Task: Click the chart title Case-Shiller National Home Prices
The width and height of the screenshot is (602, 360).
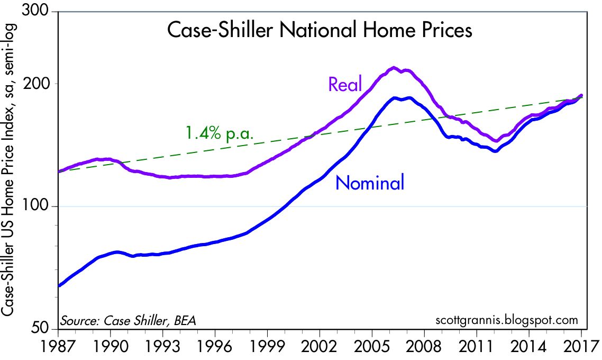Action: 319,30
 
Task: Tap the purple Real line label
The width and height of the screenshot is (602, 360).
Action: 345,84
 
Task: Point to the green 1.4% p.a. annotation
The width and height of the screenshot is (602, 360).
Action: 219,132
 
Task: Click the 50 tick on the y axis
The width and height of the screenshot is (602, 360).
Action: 44,329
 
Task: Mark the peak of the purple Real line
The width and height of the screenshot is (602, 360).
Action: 393,68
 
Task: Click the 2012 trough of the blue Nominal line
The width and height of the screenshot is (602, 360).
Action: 495,151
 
